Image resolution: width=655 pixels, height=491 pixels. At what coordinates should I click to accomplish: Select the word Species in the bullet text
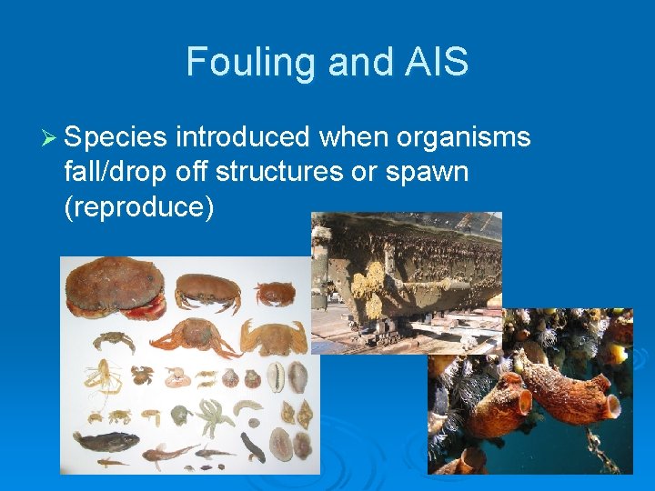coord(116,138)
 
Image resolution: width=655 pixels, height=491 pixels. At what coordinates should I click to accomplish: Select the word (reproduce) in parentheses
coord(139,206)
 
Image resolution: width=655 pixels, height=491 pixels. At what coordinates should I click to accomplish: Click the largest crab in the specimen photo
coord(115,286)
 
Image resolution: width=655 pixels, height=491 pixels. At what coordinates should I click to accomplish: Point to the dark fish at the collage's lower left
coord(106,443)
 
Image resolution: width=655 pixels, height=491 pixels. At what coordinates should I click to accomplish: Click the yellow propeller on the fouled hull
coord(372,278)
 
